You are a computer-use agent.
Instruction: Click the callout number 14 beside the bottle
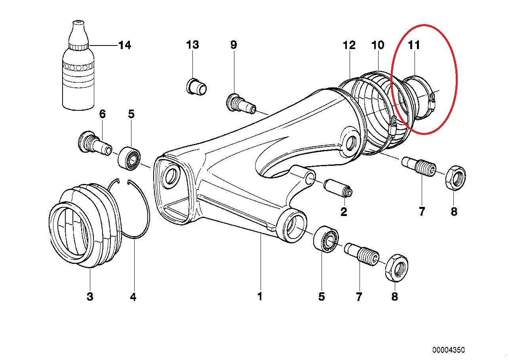coord(124,45)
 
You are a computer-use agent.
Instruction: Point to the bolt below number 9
coord(240,104)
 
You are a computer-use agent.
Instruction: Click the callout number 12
coord(349,45)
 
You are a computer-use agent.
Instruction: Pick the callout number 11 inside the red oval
coord(414,45)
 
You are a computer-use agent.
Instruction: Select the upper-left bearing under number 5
coord(129,157)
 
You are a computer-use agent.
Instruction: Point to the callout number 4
coord(133,296)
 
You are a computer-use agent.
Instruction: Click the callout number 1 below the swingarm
coord(260,296)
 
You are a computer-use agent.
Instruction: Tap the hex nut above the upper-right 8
coord(455,178)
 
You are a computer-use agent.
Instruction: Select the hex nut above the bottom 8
coord(396,268)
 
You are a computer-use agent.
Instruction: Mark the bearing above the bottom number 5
coord(325,239)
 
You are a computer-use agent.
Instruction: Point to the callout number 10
coord(378,45)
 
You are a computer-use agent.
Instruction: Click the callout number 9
coord(234,45)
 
